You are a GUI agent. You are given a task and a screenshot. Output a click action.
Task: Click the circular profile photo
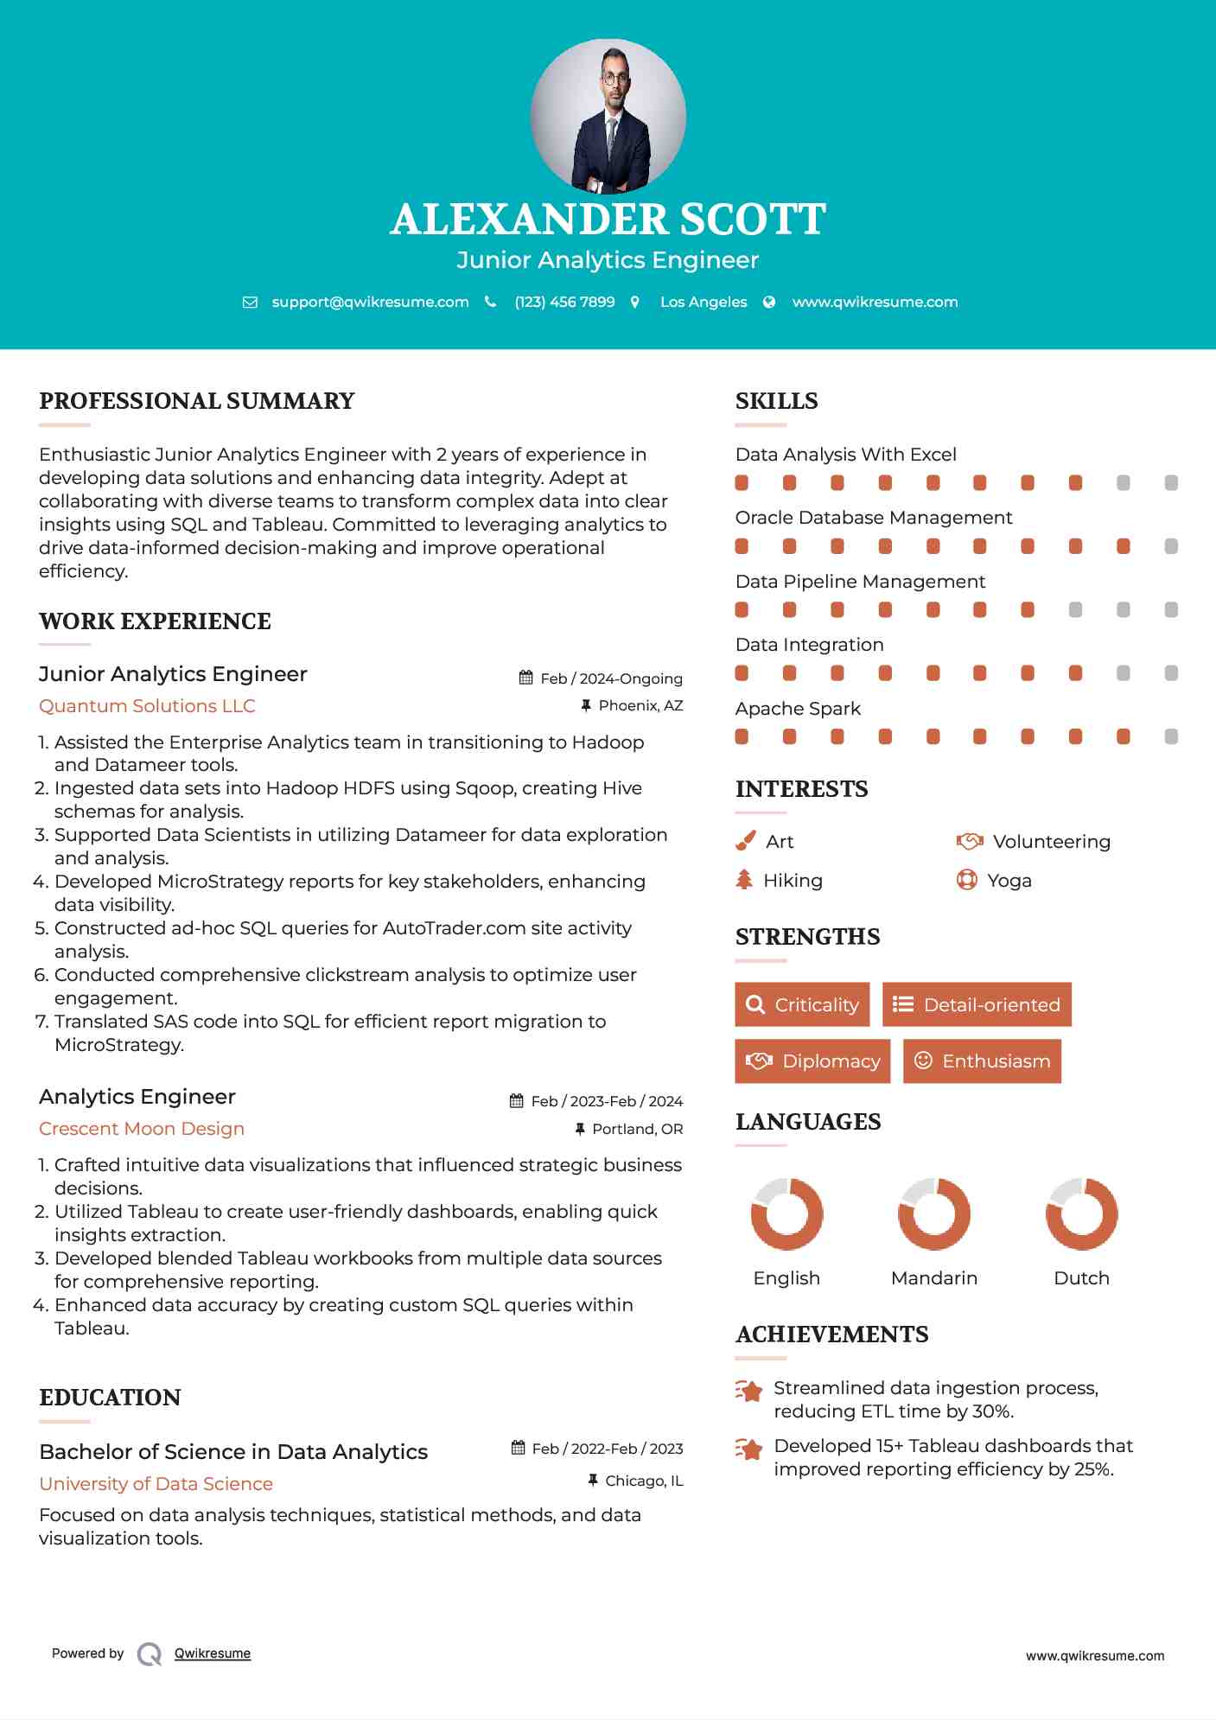tap(608, 116)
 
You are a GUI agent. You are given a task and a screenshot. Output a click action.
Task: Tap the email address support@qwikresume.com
tap(370, 302)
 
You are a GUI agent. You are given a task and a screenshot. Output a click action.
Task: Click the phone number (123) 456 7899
tap(564, 302)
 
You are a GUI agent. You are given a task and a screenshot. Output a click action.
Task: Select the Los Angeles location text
tap(703, 302)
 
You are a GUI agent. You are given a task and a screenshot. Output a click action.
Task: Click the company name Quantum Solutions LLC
tap(147, 706)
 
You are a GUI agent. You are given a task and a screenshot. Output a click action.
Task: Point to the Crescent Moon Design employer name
tap(142, 1129)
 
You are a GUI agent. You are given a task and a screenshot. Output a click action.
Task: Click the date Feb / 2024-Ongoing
tap(610, 678)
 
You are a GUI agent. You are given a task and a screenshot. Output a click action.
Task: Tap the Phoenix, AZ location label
tap(640, 706)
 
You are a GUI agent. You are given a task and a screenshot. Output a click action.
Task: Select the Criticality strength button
tap(802, 1004)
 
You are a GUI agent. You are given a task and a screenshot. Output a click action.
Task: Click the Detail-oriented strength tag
tap(977, 1004)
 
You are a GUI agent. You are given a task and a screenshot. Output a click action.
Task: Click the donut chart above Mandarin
tap(934, 1214)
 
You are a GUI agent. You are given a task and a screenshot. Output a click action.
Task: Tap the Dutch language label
tap(1081, 1278)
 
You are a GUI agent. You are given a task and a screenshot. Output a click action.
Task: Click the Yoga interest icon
tap(967, 880)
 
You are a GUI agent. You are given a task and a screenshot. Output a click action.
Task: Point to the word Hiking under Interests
tap(793, 881)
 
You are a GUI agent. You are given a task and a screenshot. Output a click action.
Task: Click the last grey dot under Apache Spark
tap(1171, 736)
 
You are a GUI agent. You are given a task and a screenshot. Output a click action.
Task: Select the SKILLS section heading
tap(776, 401)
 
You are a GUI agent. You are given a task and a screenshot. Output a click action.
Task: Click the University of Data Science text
tap(156, 1484)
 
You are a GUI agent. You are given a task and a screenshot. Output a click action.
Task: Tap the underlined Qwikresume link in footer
tap(213, 1653)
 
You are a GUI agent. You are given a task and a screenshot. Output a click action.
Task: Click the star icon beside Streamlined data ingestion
tap(748, 1391)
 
